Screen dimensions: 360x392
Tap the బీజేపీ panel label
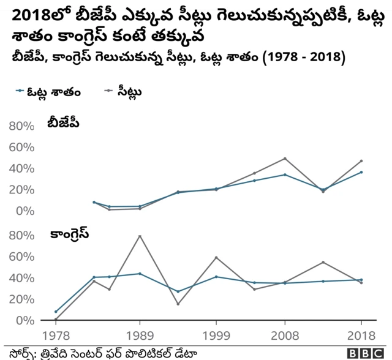coord(64,124)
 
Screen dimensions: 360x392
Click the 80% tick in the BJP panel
coord(21,126)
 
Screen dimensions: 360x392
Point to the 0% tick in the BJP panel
coord(24,211)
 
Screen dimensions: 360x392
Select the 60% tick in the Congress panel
coord(21,257)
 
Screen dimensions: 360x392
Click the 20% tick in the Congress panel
coord(21,299)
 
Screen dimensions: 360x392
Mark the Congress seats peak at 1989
coord(140,236)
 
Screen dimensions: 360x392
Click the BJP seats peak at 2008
coord(285,159)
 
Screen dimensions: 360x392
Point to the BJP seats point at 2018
coord(361,161)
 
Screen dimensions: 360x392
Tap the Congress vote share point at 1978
coord(56,312)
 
